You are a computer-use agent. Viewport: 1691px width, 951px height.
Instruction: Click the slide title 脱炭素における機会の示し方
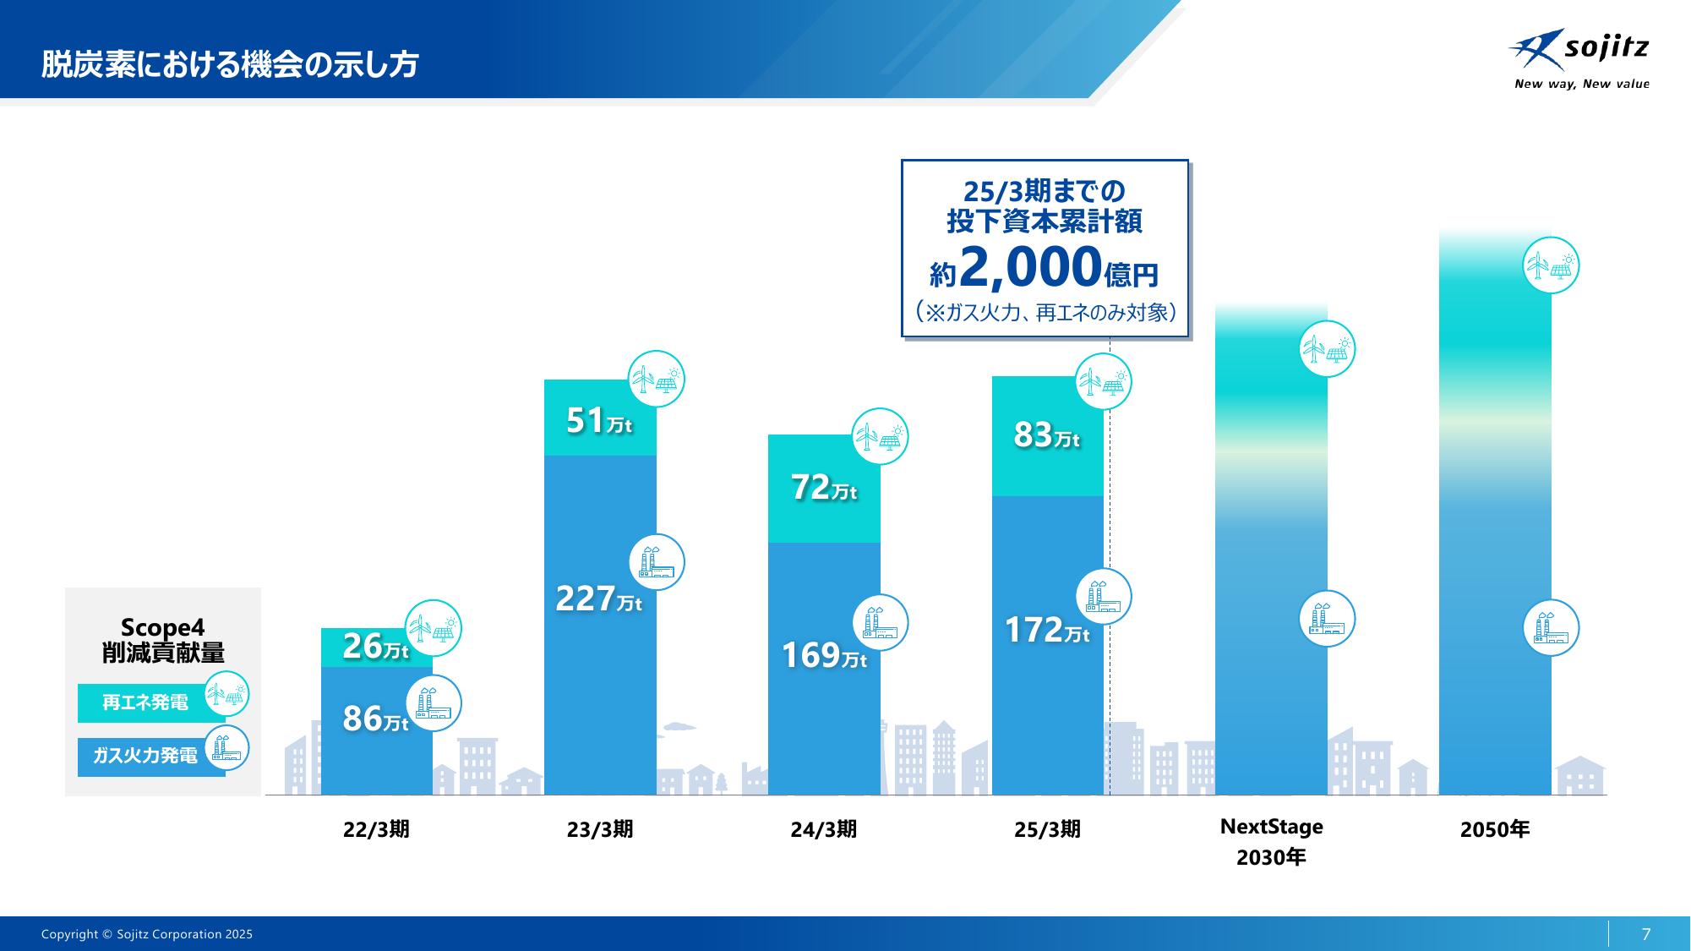pos(230,64)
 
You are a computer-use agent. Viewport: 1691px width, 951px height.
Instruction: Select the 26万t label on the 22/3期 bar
pos(374,647)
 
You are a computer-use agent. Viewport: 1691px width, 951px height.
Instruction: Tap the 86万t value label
pos(374,719)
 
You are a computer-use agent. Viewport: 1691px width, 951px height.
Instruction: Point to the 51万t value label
pos(598,421)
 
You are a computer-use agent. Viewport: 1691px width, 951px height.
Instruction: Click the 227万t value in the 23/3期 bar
pos(598,599)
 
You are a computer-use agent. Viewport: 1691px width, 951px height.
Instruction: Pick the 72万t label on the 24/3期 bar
pos(823,488)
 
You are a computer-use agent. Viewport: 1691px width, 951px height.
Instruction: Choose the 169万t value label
pos(823,656)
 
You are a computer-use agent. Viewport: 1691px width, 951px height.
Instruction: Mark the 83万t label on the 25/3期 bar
pos(1046,435)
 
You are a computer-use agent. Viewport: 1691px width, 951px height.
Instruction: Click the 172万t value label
pos(1046,631)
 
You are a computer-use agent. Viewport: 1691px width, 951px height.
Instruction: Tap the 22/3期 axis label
pos(376,829)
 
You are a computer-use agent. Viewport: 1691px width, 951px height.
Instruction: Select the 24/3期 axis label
pos(823,829)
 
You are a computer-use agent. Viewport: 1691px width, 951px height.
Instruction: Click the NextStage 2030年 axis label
pos(1271,842)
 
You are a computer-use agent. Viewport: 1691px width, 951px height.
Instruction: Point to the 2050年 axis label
pos(1494,829)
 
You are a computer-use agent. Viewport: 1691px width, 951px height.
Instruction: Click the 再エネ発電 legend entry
pos(145,702)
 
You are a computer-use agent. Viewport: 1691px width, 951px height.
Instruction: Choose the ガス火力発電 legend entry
pos(145,756)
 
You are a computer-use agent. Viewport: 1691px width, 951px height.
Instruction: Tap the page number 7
pos(1645,934)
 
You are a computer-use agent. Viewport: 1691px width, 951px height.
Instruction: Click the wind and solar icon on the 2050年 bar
pos(1551,266)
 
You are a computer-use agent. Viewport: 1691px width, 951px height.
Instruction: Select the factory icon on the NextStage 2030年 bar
pos(1327,619)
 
